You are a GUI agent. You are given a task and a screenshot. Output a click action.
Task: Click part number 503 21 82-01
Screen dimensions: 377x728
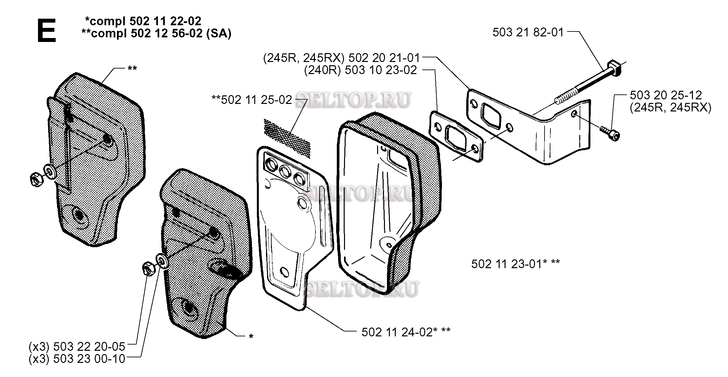tap(528, 32)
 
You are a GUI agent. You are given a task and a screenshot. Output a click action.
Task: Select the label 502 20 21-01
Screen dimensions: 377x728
tap(384, 58)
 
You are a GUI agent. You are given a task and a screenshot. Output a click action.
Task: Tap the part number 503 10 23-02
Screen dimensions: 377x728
tap(381, 70)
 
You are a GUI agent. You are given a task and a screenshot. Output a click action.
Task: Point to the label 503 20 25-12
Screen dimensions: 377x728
tap(666, 95)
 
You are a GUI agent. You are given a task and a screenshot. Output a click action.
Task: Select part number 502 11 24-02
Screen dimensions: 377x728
tap(397, 332)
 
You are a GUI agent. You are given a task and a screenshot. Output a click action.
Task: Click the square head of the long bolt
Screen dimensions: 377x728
tap(614, 68)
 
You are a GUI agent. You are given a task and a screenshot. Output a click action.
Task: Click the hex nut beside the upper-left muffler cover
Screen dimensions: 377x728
tap(35, 180)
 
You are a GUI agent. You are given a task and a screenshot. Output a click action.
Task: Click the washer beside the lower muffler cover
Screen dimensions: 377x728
tap(163, 261)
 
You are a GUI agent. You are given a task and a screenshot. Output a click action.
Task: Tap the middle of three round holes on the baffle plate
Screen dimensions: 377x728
tap(284, 170)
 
